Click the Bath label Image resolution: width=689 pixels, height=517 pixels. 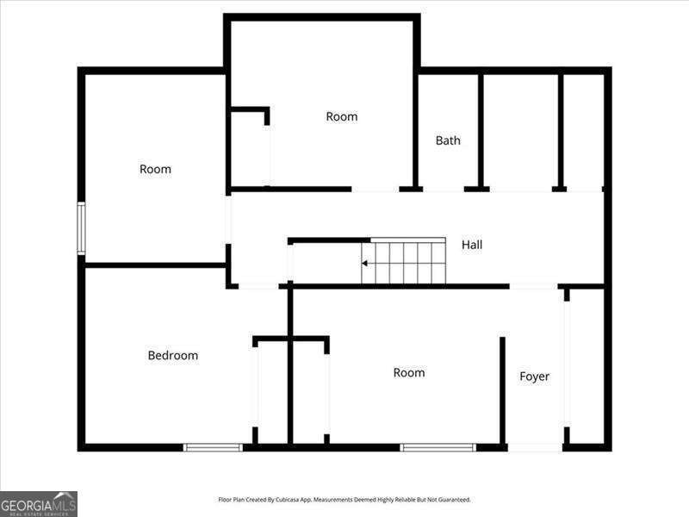click(448, 140)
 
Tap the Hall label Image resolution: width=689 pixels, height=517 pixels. click(471, 245)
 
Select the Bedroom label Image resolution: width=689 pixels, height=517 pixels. click(173, 355)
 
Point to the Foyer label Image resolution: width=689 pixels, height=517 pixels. click(534, 377)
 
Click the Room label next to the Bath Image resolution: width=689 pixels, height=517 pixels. click(341, 116)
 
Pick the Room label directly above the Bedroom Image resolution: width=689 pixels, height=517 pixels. click(155, 169)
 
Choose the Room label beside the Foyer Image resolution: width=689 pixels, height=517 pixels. click(408, 373)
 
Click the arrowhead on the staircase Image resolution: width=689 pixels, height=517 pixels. click(364, 264)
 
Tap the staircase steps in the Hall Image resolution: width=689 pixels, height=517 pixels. click(403, 261)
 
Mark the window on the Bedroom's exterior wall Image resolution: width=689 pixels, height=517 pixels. click(213, 447)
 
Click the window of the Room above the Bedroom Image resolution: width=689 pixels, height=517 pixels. click(81, 228)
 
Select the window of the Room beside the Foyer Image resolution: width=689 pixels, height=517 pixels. click(438, 447)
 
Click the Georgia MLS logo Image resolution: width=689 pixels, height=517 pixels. click(39, 504)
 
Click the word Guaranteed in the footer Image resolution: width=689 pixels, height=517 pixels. click(455, 500)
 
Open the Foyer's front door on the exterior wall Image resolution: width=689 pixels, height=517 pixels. click(535, 447)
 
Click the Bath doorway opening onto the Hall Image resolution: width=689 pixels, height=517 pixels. click(444, 190)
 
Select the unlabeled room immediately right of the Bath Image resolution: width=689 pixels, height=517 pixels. click(521, 131)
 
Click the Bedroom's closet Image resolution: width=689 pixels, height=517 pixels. click(272, 392)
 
